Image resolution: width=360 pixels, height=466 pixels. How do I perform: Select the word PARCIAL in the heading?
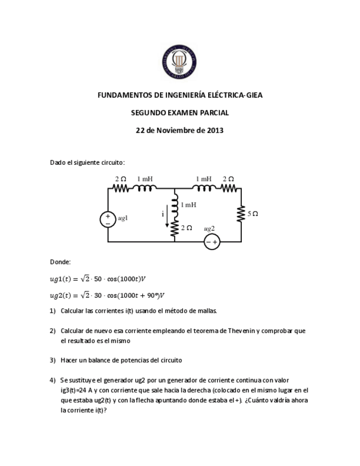(212, 113)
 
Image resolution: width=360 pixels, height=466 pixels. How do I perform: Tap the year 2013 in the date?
(215, 130)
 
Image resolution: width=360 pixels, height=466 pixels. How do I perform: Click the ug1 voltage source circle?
(108, 219)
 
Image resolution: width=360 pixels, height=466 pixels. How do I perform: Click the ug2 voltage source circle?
(212, 242)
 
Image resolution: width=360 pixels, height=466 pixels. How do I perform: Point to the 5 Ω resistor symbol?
(241, 213)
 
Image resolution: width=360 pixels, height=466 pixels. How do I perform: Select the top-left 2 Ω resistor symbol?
(121, 188)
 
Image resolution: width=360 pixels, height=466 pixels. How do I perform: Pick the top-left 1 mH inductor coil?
(146, 188)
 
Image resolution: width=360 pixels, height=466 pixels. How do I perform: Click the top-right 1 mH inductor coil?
(204, 188)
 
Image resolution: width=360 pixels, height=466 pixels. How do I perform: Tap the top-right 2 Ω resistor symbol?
(229, 188)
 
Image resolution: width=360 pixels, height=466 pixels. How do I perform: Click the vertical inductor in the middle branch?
(175, 208)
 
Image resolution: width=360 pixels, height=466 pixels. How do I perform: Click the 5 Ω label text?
(253, 213)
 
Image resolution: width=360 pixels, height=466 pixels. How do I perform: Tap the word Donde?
(60, 262)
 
